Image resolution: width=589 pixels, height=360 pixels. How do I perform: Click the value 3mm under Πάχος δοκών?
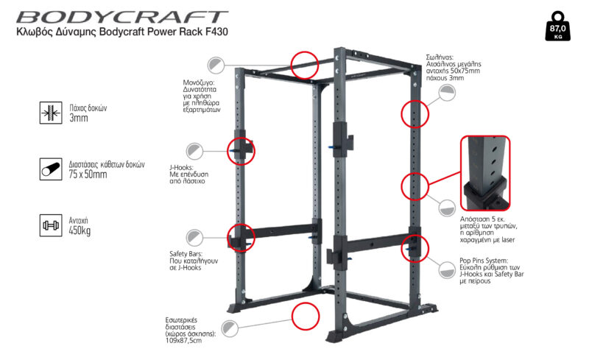pyautogui.click(x=79, y=119)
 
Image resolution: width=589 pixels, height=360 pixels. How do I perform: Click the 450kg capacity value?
pyautogui.click(x=82, y=230)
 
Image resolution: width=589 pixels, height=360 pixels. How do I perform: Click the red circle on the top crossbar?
pyautogui.click(x=304, y=64)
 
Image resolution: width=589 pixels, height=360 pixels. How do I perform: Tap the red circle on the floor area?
pyautogui.click(x=306, y=316)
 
